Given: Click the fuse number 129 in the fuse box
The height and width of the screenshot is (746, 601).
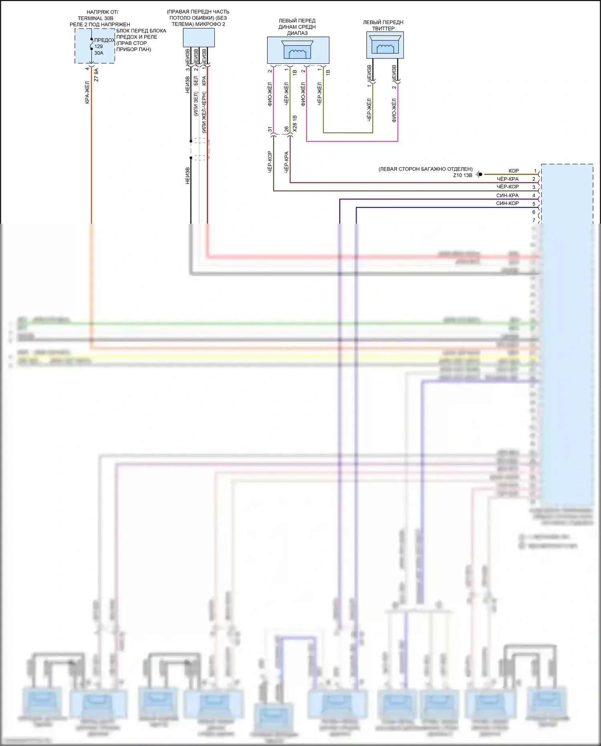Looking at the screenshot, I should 99,46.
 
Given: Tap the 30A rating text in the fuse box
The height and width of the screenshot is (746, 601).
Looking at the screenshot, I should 99,53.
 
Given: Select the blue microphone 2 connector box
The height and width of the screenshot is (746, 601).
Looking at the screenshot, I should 199,38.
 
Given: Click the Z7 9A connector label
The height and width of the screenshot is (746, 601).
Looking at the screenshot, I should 96,75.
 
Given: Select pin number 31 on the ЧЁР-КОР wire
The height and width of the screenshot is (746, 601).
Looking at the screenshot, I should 270,129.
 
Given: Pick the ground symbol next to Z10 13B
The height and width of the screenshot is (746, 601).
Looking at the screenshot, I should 479,175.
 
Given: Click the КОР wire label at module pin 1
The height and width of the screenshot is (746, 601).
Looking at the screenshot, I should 514,171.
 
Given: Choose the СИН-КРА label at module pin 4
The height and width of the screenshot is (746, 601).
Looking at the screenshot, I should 507,196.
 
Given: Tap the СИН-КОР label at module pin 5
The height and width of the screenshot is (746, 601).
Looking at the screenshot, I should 507,203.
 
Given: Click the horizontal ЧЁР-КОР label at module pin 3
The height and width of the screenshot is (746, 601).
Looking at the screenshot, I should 508,187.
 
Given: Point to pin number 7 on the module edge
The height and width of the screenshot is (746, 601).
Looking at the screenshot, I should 534,220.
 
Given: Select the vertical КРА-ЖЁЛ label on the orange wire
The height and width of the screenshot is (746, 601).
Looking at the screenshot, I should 87,93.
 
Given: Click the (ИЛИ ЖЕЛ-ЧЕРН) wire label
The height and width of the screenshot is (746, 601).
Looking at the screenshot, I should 204,112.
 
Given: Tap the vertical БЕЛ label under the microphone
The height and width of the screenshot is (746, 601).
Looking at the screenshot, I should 196,81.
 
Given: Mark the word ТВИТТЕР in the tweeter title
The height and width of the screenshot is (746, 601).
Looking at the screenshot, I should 383,28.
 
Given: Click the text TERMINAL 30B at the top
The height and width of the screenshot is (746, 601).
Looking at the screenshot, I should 95,18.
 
